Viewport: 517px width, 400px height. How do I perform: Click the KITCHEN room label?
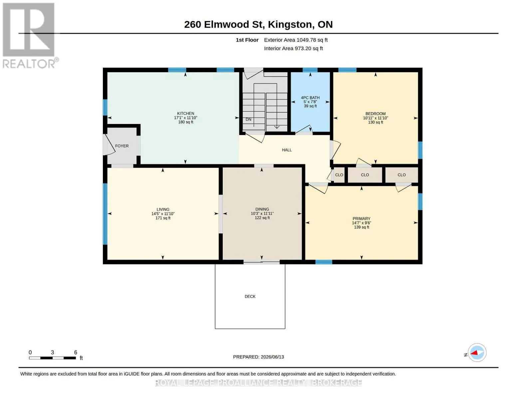pos(185,113)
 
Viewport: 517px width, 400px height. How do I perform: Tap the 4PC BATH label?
pos(310,98)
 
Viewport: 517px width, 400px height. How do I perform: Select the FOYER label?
pos(122,146)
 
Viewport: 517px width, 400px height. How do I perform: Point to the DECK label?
pos(250,296)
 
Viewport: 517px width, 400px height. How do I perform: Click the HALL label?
pos(287,150)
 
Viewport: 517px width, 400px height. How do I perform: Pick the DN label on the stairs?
pos(248,119)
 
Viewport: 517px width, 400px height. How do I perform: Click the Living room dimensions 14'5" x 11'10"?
pos(163,214)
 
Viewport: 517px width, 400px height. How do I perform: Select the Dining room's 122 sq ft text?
pos(262,218)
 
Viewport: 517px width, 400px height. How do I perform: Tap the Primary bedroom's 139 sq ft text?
pos(362,227)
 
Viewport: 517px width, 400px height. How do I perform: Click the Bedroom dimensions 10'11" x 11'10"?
pos(376,118)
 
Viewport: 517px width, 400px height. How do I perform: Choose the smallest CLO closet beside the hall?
pos(339,175)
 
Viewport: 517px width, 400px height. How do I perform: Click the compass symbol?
pos(477,353)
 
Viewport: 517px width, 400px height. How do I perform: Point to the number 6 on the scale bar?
pos(76,352)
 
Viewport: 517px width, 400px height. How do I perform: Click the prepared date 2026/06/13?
pos(272,357)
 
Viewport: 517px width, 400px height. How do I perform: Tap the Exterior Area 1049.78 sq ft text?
pos(296,40)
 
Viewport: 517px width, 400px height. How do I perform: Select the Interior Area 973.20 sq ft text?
pos(293,48)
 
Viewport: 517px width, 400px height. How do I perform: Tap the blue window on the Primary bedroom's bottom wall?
pos(324,262)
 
